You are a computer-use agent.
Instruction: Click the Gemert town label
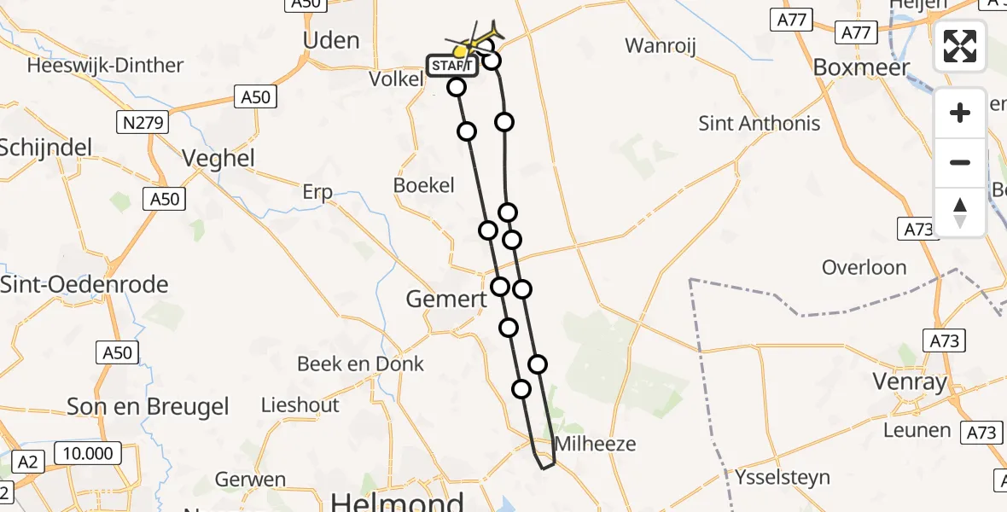coord(445,300)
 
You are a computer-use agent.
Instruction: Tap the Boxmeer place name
coord(861,67)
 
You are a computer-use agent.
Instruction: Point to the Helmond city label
coord(397,501)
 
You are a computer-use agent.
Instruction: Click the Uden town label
coord(331,40)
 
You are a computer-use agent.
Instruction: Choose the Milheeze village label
coord(595,444)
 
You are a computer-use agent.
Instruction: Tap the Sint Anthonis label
coord(760,123)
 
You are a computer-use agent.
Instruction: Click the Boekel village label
coord(424,185)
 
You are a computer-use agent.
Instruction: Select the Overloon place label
coord(864,267)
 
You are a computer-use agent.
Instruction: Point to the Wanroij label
coord(661,45)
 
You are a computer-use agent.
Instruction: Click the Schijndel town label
coord(45,148)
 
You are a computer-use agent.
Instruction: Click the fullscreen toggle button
coord(960,46)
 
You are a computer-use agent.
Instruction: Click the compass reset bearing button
coord(960,212)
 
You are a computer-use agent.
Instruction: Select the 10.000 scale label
coord(89,453)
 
